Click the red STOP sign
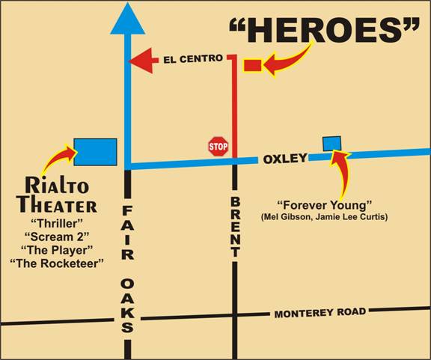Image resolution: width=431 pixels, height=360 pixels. tap(218, 146)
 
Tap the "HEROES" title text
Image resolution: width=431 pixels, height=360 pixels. tap(324, 31)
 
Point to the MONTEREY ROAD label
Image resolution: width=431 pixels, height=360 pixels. tap(320, 313)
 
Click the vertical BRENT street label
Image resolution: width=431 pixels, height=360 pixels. tap(235, 227)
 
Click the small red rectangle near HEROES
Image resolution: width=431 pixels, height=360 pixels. tap(252, 66)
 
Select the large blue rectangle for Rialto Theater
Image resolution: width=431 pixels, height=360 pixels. tap(95, 151)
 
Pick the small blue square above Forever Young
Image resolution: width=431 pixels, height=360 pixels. tap(331, 143)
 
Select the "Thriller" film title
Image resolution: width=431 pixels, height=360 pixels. tap(56, 223)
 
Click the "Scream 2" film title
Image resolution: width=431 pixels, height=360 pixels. tap(56, 237)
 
